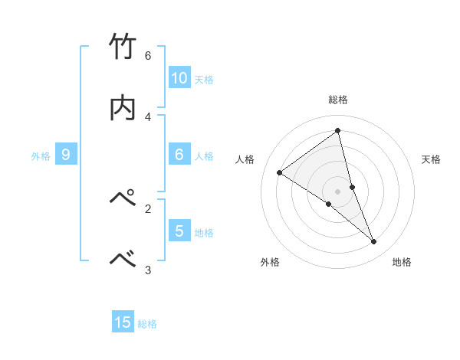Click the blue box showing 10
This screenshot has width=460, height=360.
pyautogui.click(x=179, y=78)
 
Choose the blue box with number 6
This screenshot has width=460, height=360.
pyautogui.click(x=179, y=155)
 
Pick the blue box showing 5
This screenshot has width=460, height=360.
pyautogui.click(x=179, y=231)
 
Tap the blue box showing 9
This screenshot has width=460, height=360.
pyautogui.click(x=66, y=155)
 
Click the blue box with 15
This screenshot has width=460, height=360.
pyautogui.click(x=123, y=322)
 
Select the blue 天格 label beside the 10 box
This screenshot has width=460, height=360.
pyautogui.click(x=204, y=79)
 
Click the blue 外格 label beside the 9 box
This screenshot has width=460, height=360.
pyautogui.click(x=41, y=155)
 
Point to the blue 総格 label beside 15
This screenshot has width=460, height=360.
pyautogui.click(x=147, y=323)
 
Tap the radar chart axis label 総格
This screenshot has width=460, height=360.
pyautogui.click(x=338, y=100)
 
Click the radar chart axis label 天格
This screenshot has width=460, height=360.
pyautogui.click(x=432, y=159)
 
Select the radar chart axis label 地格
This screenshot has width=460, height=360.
pyautogui.click(x=402, y=262)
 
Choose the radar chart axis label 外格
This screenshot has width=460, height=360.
pyautogui.click(x=270, y=262)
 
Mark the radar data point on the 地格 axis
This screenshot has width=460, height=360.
pyautogui.click(x=374, y=242)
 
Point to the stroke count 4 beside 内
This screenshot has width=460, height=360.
pyautogui.click(x=148, y=116)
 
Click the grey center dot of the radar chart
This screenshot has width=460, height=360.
pyautogui.click(x=338, y=191)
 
